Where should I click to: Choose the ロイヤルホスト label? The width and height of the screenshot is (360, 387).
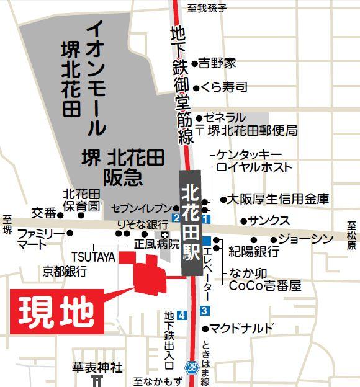[254, 167]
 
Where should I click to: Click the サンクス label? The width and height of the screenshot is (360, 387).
[269, 221]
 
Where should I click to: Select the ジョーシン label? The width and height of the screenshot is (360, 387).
[306, 239]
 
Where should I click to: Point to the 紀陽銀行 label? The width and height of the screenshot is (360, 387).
[253, 252]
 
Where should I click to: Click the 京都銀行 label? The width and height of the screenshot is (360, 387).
[65, 271]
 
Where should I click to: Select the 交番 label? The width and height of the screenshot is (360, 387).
[45, 213]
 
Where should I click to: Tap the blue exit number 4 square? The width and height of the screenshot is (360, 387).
[181, 315]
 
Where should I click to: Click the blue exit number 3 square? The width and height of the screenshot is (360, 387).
[205, 309]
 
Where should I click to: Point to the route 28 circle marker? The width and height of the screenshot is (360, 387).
[191, 368]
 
